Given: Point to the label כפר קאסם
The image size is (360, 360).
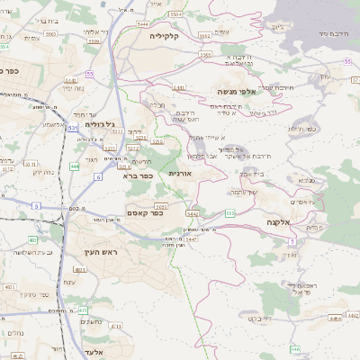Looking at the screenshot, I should pyautogui.click(x=169, y=214).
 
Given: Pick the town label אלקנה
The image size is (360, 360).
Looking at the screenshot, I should pyautogui.click(x=278, y=220).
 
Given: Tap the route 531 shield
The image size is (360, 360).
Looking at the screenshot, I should pyautogui.click(x=73, y=129).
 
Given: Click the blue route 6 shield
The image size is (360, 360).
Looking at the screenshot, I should pyautogui.click(x=97, y=176).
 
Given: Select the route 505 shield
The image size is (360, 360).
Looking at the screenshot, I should pyautogui.click(x=230, y=213).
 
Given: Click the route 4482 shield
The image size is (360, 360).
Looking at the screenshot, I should pyautogui.click(x=335, y=317).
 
